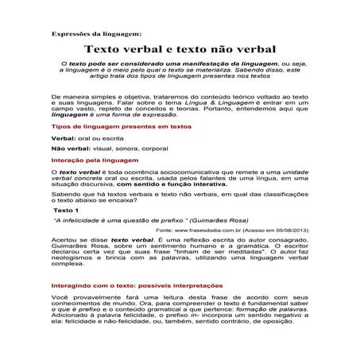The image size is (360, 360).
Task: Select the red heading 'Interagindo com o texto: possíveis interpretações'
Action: point(131,285)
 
